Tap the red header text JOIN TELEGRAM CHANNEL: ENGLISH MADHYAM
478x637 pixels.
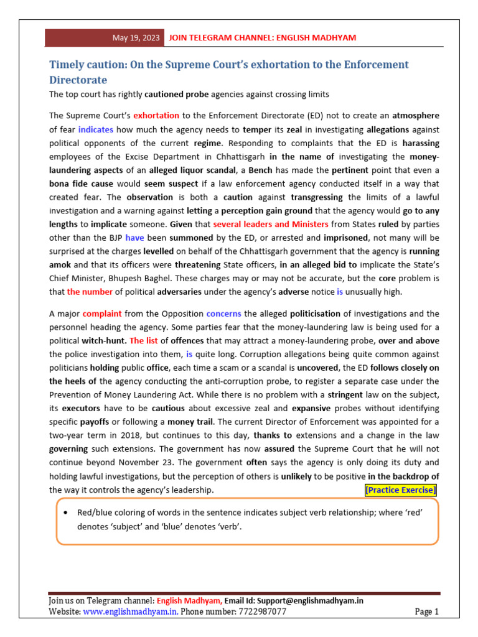coord(263,38)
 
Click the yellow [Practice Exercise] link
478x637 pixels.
coord(401,490)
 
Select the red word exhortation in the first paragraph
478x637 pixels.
coord(156,116)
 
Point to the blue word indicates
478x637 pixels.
coord(96,130)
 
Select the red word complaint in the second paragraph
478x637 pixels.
coord(102,314)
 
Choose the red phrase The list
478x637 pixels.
coord(143,341)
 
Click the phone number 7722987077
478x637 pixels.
coord(261,612)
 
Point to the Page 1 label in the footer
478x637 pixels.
coord(426,612)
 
